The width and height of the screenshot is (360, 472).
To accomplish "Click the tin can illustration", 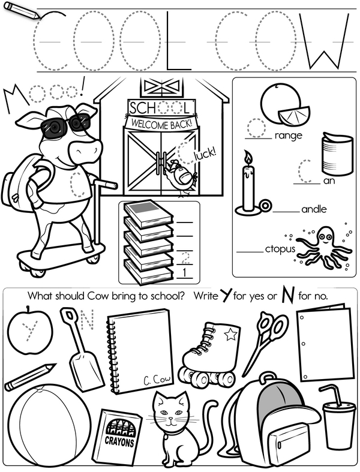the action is pos(337,153).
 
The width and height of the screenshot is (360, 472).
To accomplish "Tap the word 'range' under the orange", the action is pos(289,136).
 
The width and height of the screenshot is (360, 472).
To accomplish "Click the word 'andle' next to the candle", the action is pos(314,209).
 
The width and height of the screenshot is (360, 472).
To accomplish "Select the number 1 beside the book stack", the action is pos(184,273).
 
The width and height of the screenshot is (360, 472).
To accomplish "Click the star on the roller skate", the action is pos(230,334).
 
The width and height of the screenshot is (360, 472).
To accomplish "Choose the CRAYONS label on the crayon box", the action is pos(119,442).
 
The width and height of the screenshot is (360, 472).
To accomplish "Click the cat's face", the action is pos(170,411).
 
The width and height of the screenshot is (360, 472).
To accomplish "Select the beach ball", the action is pos(49,426).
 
